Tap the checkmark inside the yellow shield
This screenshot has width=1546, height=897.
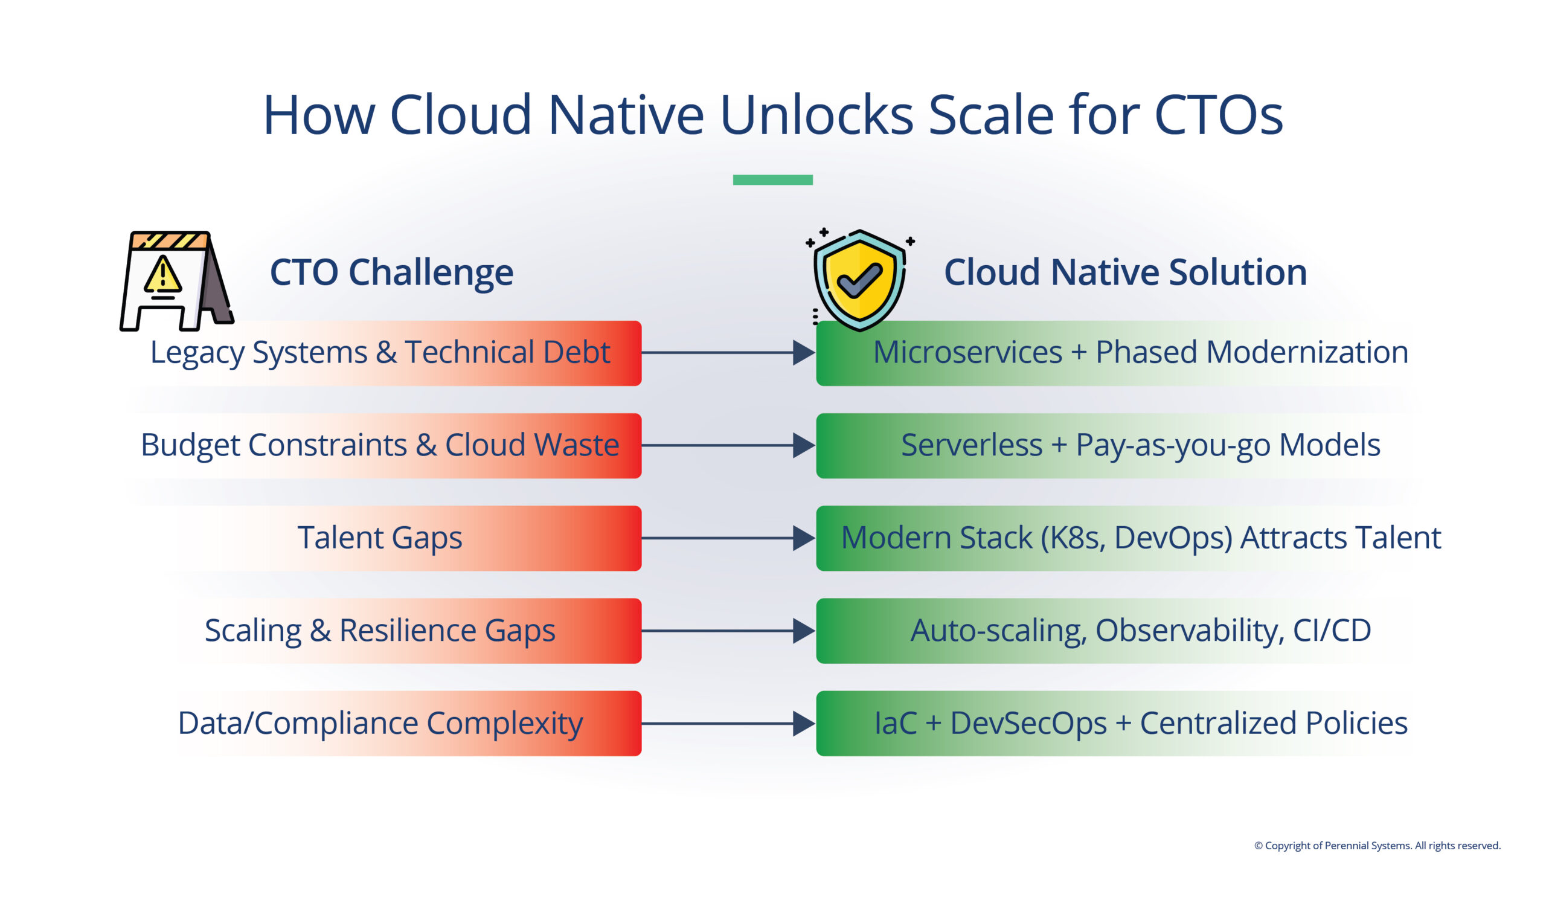click(x=859, y=280)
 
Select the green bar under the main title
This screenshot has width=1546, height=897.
click(x=772, y=180)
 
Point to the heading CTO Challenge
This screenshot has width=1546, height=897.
click(x=391, y=272)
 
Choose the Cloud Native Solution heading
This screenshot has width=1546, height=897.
click(x=1125, y=272)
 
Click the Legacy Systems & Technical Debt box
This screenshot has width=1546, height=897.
click(x=380, y=353)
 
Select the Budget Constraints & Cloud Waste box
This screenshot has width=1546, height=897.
click(x=380, y=445)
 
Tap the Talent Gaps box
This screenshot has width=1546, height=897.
click(x=380, y=538)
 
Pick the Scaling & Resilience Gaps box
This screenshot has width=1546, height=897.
click(x=380, y=631)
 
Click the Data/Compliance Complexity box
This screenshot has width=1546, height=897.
click(x=380, y=724)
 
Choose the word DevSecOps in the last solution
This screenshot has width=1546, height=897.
click(x=1028, y=724)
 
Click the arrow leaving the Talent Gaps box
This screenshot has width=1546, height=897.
click(x=728, y=538)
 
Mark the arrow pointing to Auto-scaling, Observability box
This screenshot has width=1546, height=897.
click(x=728, y=631)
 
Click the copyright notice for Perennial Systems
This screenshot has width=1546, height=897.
click(x=1377, y=846)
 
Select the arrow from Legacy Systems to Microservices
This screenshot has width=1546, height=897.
click(x=728, y=353)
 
